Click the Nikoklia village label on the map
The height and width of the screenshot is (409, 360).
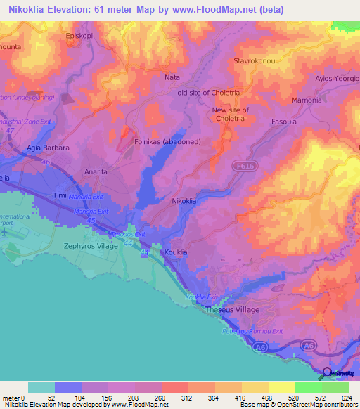coord(184,201)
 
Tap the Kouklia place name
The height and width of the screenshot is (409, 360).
coord(175,252)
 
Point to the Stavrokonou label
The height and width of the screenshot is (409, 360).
coord(257,61)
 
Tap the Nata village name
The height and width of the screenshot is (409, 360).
coord(172,77)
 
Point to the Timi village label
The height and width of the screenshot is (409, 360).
coord(59,195)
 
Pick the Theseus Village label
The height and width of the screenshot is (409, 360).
coord(232,310)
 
